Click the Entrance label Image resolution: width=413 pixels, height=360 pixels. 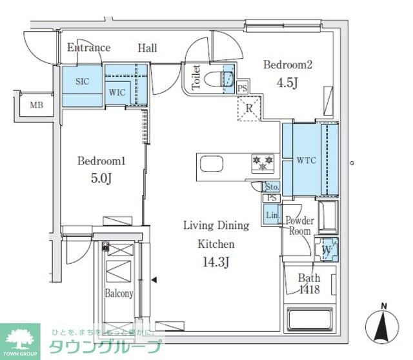click(x=88, y=48)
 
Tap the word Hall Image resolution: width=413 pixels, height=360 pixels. click(x=147, y=48)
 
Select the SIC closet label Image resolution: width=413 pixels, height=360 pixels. click(x=82, y=81)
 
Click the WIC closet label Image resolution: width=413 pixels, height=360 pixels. click(x=117, y=92)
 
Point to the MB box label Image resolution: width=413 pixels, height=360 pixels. click(x=36, y=105)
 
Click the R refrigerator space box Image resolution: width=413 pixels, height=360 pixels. click(x=248, y=108)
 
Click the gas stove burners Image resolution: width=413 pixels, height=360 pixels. click(x=263, y=163)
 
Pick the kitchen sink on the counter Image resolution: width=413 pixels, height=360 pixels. click(x=212, y=164)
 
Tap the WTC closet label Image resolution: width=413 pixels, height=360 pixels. click(x=305, y=160)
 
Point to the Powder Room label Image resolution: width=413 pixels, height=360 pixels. click(x=299, y=226)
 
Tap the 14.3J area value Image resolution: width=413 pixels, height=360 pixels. click(x=216, y=264)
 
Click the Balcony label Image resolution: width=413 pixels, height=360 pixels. click(x=119, y=294)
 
